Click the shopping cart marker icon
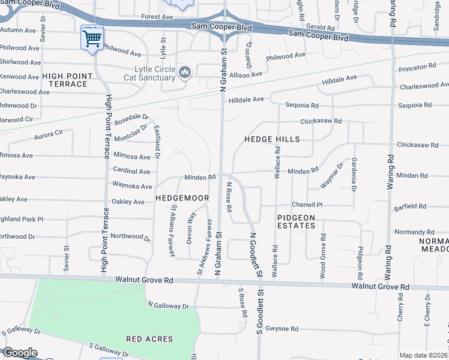(92, 39)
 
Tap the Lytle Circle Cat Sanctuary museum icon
(185, 73)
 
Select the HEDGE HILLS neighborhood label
(271, 139)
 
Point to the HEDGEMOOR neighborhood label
(182, 197)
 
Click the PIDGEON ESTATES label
(297, 221)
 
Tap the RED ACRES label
(149, 339)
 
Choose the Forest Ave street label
(157, 17)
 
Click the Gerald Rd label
(320, 28)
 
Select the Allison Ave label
(245, 74)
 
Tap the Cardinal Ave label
(131, 171)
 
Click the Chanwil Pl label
(307, 205)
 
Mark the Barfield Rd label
(411, 206)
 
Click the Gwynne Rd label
(282, 329)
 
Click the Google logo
(20, 353)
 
